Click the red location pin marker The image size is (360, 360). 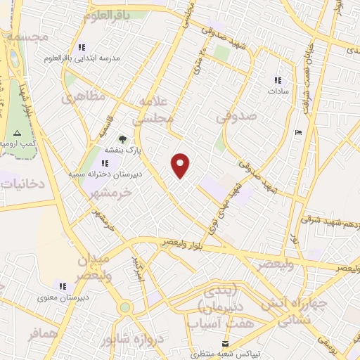tap(181, 166)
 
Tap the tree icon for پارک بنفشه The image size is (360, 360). tap(122, 139)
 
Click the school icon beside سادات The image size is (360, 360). tap(277, 81)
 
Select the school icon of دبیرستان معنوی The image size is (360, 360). tap(63, 286)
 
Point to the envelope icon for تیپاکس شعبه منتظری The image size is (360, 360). tap(225, 343)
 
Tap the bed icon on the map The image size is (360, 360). tap(298, 132)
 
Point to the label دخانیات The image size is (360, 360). tap(20, 184)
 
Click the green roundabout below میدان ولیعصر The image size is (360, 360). tap(125, 307)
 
